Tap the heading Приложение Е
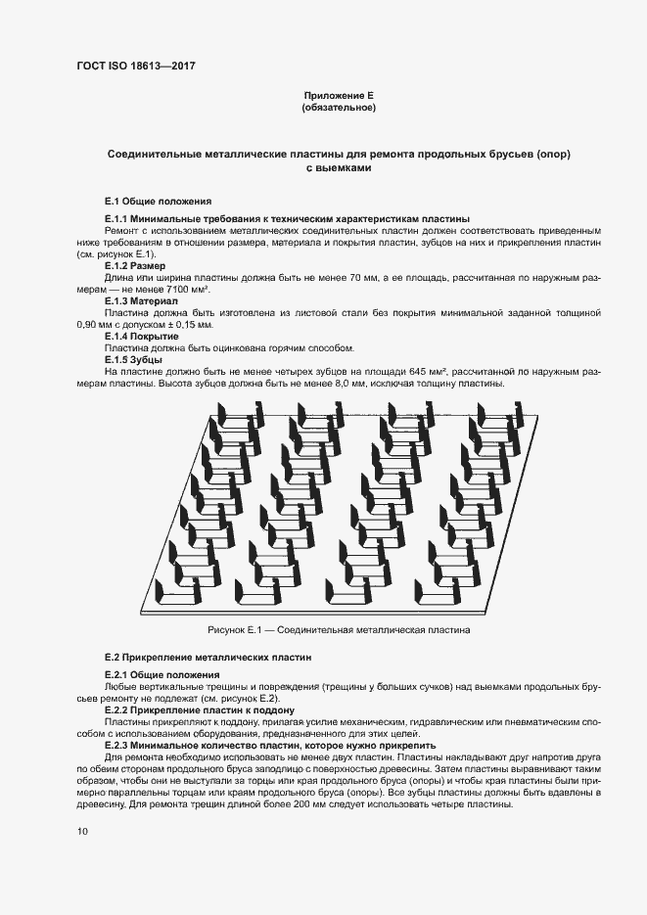[339, 95]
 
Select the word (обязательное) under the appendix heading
[339, 108]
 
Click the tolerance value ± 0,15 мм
[191, 325]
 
